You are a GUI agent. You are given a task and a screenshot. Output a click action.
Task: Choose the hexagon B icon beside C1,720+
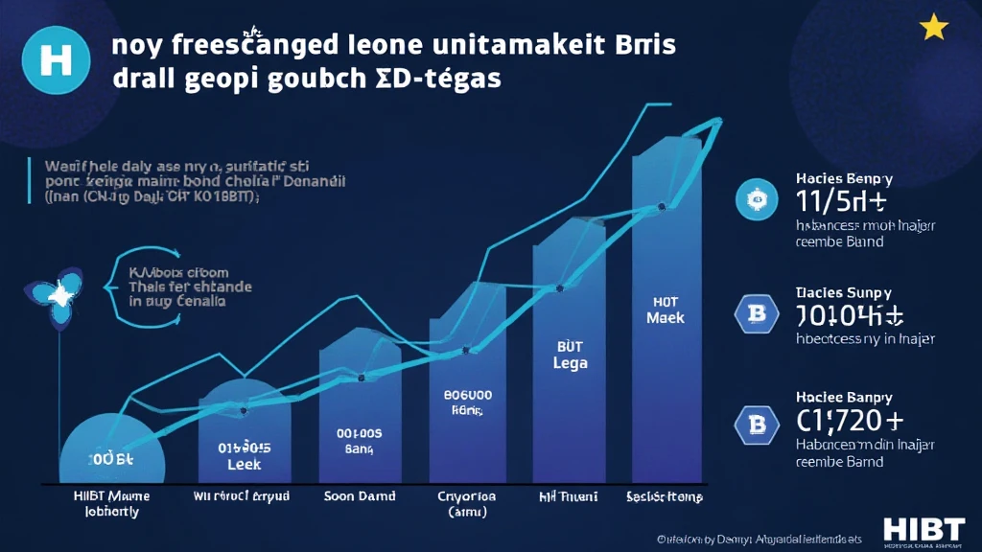tap(754, 422)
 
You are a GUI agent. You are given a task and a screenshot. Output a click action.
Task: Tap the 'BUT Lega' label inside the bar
tap(570, 356)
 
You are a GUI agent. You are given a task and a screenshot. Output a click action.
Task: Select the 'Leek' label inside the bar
tap(244, 462)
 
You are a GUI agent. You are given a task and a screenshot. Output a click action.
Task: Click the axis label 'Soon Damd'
tap(353, 496)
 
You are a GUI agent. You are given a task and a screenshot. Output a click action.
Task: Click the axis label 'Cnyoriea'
tap(467, 496)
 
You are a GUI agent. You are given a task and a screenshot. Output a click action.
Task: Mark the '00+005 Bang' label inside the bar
tap(360, 440)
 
